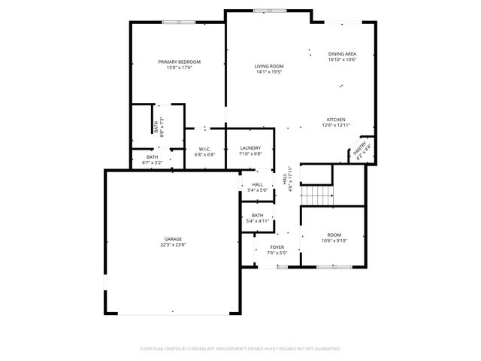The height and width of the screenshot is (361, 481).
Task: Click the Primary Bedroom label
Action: click(x=179, y=62)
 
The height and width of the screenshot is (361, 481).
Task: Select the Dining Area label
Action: click(x=342, y=54)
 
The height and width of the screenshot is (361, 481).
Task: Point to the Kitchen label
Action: click(x=335, y=120)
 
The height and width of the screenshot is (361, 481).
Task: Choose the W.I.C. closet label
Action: click(x=204, y=149)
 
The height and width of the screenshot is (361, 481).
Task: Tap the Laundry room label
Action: click(x=250, y=148)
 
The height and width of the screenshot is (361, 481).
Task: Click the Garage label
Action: click(x=173, y=238)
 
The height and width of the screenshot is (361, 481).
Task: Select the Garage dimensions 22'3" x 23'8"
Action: click(x=173, y=244)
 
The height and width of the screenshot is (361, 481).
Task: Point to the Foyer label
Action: click(x=277, y=247)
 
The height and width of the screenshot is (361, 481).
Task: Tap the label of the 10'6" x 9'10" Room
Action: click(x=334, y=235)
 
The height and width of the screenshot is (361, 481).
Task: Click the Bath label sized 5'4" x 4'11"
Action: click(x=257, y=215)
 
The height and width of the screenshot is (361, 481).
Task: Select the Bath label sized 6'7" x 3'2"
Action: click(x=153, y=156)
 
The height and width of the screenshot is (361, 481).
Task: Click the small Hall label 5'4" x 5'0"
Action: click(x=257, y=184)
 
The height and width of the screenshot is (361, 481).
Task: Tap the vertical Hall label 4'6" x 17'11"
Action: click(x=286, y=179)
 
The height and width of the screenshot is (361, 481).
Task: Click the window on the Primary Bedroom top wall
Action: click(x=179, y=22)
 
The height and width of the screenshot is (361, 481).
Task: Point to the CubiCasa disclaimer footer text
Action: click(x=240, y=349)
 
